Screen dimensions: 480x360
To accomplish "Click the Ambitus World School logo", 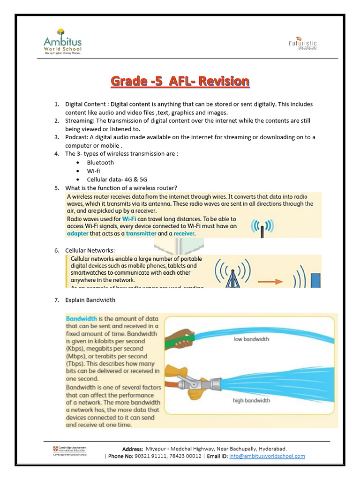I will [x=62, y=42].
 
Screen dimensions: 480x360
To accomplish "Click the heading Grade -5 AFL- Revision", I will [x=180, y=82].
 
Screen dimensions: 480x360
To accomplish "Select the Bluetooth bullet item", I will [x=100, y=162].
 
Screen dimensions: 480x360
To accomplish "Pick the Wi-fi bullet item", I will [x=93, y=171].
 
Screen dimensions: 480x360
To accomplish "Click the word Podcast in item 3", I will [x=75, y=137].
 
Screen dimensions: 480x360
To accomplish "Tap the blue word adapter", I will [x=80, y=233].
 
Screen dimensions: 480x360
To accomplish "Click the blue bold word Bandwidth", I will [x=82, y=318].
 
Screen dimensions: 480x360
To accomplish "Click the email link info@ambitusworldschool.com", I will [x=267, y=456].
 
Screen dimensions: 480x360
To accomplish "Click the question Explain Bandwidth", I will [x=90, y=300].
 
